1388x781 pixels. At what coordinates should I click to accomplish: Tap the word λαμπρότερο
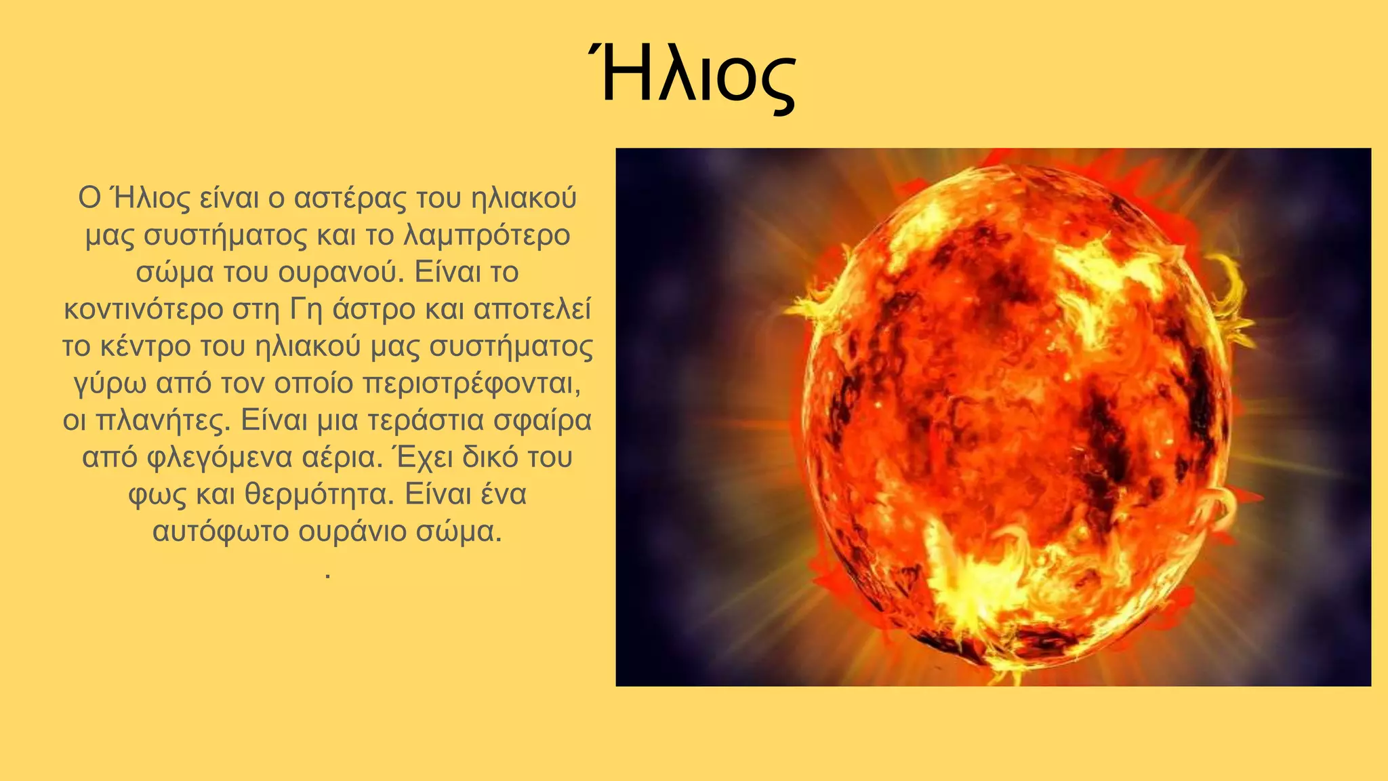[487, 235]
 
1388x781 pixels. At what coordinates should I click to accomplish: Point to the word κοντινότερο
[143, 309]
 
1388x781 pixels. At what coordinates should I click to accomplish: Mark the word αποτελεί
[532, 309]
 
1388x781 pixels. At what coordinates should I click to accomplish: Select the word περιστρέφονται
[472, 384]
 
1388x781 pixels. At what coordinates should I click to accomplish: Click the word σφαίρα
[542, 420]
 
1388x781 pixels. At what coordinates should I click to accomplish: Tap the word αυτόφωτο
[220, 531]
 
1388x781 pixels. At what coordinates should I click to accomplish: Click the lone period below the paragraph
[327, 575]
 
